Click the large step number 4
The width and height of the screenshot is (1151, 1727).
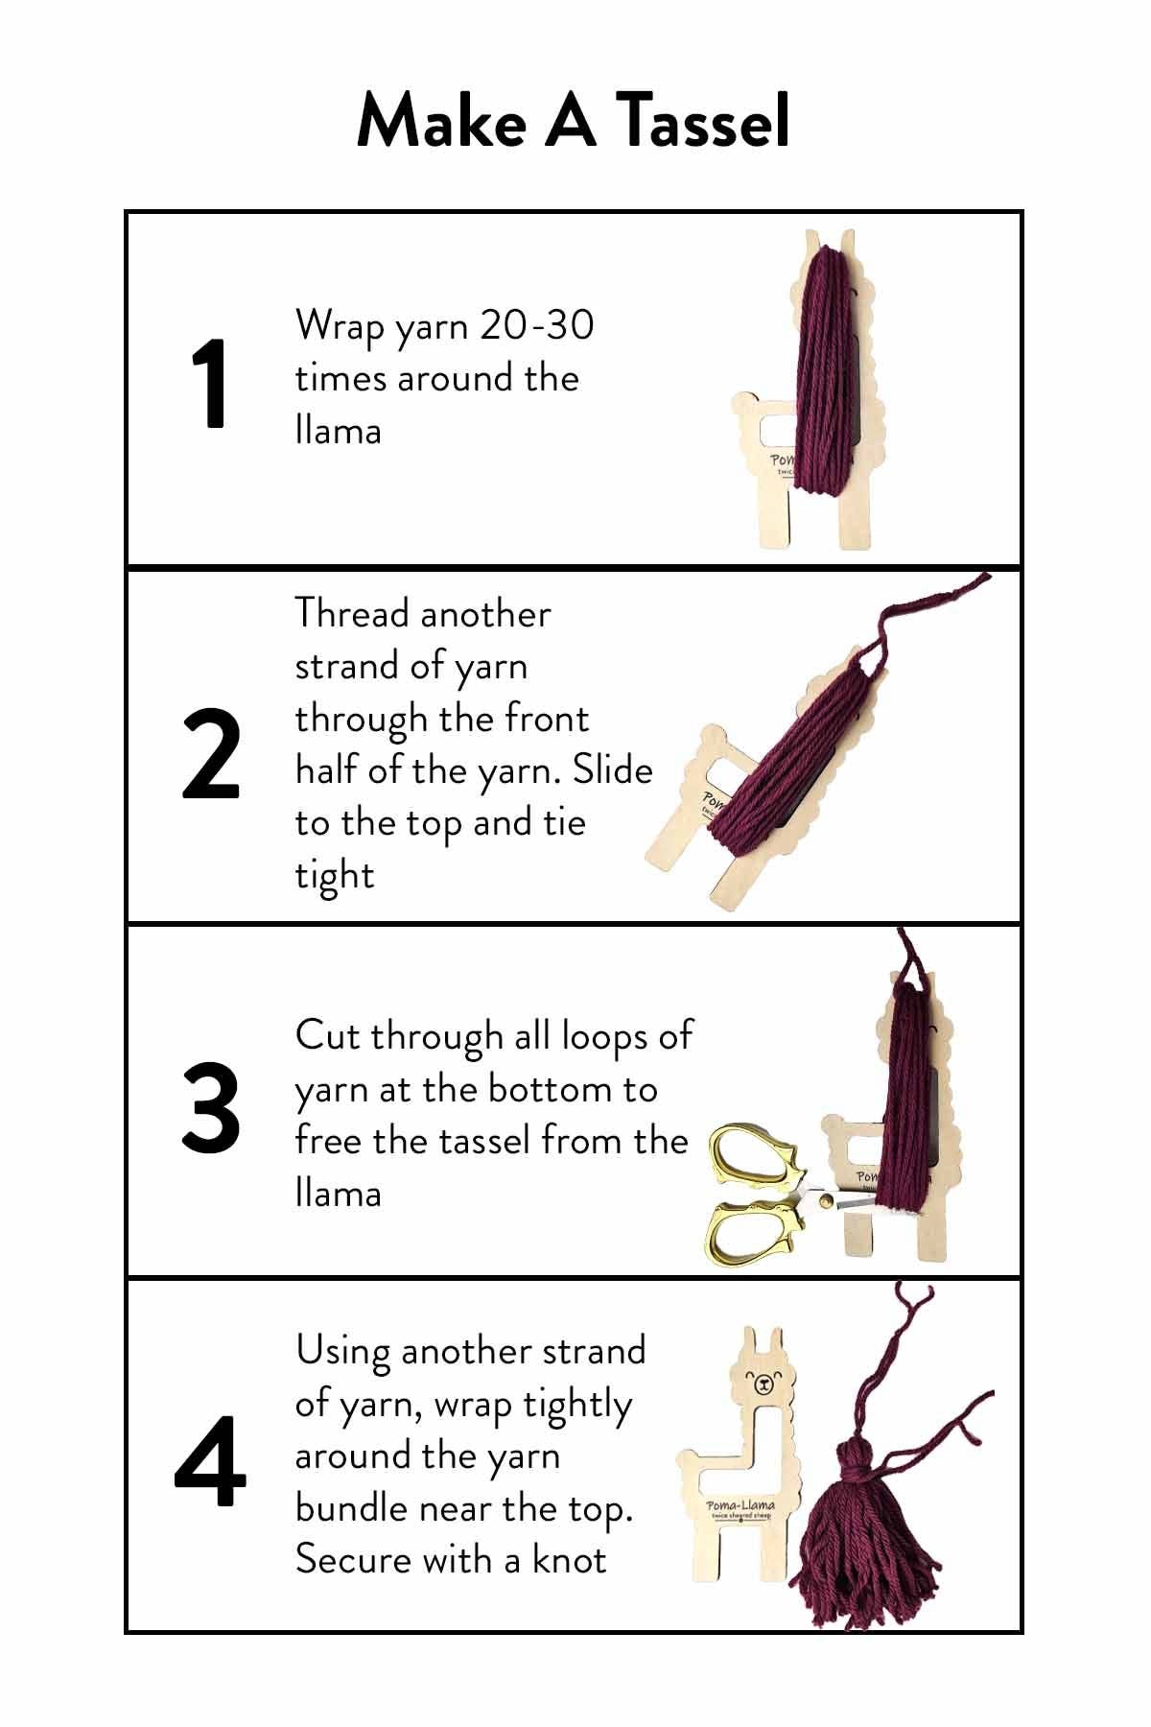[x=210, y=1463]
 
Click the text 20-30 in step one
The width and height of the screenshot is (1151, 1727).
[x=537, y=326]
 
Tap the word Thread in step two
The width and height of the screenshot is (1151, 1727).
[x=352, y=614]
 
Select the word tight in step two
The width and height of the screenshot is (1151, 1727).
[x=334, y=875]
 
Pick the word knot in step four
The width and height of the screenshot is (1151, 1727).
[x=570, y=1560]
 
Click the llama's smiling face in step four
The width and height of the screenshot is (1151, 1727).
[x=763, y=1383]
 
